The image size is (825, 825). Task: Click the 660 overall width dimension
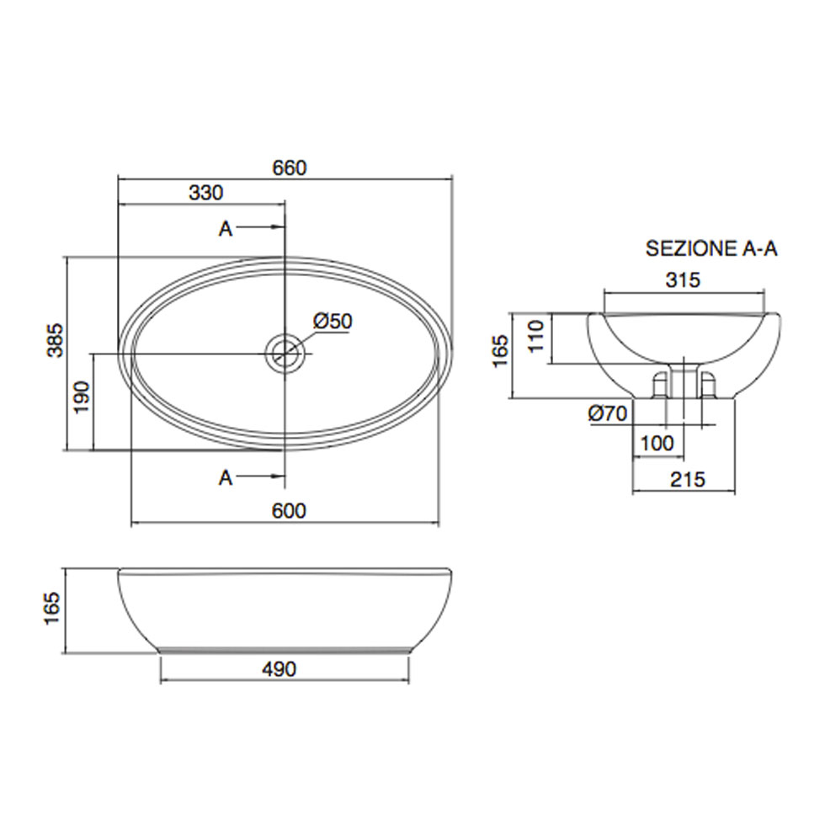(290, 168)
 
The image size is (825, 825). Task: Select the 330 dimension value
(205, 193)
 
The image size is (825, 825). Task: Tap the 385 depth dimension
(56, 340)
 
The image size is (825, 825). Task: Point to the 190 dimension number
(82, 397)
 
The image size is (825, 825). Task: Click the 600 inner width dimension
(289, 510)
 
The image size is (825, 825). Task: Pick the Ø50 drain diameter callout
(333, 321)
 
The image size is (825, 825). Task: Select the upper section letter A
(226, 228)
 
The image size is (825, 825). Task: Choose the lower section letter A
(226, 477)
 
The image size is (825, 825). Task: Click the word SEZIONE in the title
(691, 248)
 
